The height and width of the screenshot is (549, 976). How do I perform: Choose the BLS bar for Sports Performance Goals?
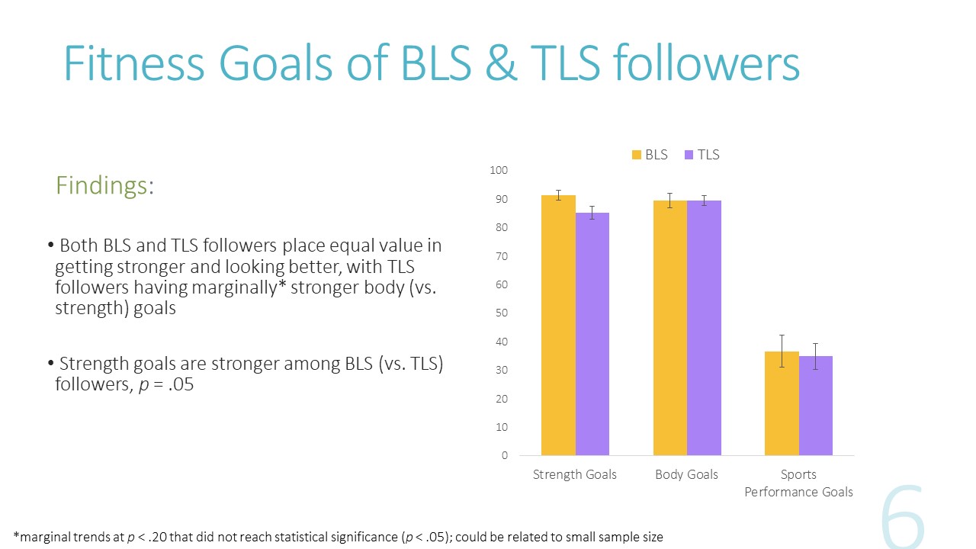point(782,403)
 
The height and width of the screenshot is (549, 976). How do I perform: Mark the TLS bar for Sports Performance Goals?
point(816,406)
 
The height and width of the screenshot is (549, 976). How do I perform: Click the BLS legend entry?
point(650,155)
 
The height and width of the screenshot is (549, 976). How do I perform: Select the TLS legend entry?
point(701,155)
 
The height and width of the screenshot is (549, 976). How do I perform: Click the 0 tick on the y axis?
point(504,456)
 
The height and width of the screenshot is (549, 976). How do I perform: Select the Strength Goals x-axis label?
point(574,474)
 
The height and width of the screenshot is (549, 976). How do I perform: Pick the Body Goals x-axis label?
point(686,474)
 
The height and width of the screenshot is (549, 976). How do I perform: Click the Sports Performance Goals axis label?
point(798,483)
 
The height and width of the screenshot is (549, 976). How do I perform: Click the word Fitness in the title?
point(133,64)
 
